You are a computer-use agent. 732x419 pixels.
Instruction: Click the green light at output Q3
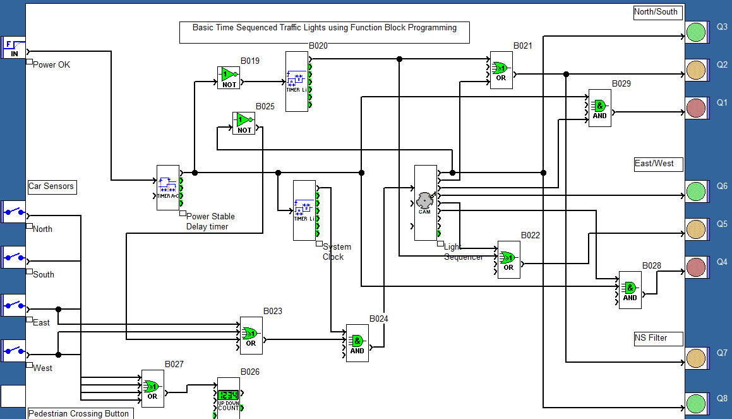coord(696,32)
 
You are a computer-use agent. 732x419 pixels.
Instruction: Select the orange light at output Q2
coord(696,70)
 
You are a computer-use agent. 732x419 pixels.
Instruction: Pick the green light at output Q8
coord(696,403)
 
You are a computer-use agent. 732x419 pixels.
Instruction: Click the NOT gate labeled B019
coord(229,77)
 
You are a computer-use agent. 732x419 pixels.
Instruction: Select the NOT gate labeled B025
coord(244,123)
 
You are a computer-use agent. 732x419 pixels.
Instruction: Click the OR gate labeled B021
coord(501,70)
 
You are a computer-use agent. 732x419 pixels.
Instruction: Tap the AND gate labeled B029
coord(599,108)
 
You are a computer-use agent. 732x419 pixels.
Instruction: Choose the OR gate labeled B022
coord(508,259)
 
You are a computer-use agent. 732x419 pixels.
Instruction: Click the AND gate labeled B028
coord(630,290)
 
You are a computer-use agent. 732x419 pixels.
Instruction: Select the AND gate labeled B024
coord(357,343)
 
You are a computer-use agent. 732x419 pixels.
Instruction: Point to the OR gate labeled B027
coord(152,389)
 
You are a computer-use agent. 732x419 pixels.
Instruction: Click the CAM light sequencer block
coord(425,202)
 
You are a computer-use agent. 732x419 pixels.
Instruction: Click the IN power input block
coord(14,47)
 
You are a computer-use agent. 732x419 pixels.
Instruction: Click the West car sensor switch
coord(13,350)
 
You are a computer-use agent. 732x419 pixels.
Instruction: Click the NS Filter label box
coord(659,338)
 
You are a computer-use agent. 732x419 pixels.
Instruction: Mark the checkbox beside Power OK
coord(29,62)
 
